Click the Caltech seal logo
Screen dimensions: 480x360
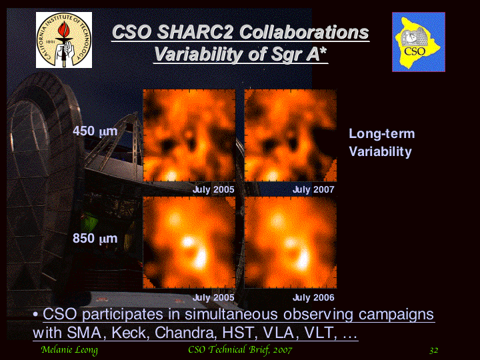point(64,40)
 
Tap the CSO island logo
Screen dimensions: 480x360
point(419,42)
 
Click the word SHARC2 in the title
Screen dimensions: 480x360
point(195,32)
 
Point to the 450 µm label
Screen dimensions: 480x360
point(95,131)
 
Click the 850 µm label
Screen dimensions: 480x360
point(95,238)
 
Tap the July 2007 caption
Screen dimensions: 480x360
point(313,190)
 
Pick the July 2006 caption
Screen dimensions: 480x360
point(313,297)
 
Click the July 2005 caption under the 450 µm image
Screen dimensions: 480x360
point(213,190)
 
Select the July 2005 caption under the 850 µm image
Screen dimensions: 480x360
point(213,297)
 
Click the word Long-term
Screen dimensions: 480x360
point(382,134)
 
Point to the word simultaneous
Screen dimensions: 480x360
point(232,315)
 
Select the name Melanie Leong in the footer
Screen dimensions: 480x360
point(69,350)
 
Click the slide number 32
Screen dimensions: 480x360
point(434,350)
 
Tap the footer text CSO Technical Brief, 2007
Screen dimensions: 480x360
point(240,350)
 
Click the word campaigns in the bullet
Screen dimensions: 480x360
point(396,315)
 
